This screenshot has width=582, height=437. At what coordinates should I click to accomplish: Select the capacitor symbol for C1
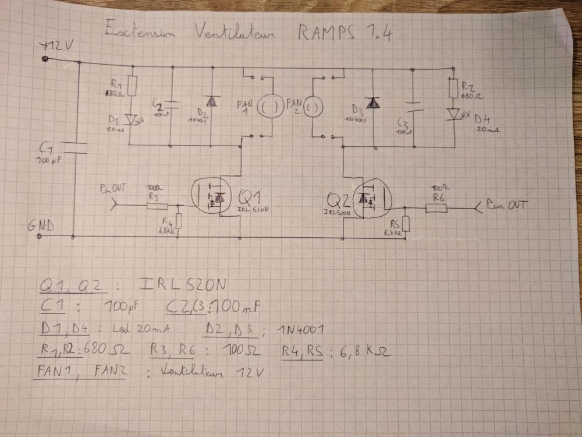74,147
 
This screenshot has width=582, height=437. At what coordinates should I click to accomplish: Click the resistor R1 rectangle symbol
132,86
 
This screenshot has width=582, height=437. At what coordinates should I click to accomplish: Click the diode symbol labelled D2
212,101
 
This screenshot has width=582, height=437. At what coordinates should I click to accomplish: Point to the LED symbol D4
452,114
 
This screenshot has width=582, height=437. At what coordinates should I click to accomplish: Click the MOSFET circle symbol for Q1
212,196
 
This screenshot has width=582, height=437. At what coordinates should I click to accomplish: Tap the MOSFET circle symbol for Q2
370,199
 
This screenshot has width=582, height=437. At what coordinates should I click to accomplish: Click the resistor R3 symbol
158,206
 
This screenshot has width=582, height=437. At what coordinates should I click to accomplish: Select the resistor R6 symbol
436,207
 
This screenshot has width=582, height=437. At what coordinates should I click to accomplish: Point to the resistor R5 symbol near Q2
406,224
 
